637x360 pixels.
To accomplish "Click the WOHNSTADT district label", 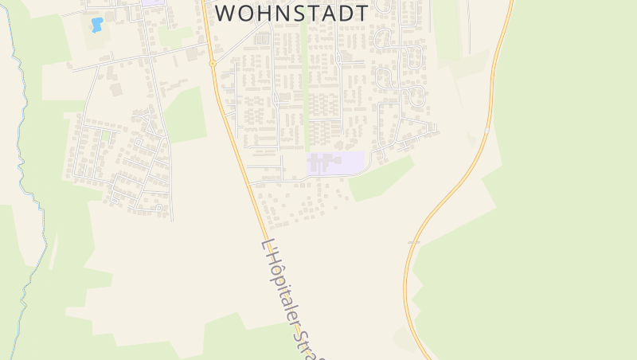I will click(292, 14).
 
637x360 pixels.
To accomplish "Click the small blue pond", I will click(97, 25).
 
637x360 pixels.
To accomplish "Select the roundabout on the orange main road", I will click(213, 63).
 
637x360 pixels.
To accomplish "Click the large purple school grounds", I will click(335, 163).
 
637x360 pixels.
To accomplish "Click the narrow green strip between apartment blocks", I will click(305, 88).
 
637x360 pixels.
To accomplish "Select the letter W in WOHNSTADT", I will click(228, 14).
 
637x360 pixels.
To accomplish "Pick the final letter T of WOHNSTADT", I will click(361, 14).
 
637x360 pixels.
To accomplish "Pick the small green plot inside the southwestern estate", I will click(105, 135).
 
